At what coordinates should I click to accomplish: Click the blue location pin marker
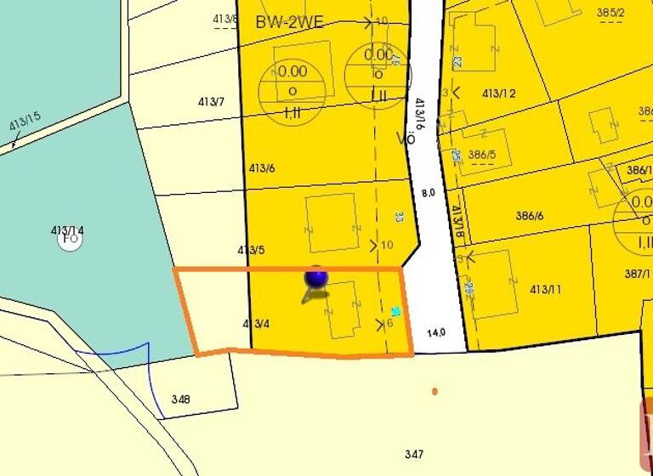[x=315, y=278]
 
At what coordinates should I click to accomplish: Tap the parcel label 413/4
[x=256, y=324]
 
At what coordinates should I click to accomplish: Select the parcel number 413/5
[x=251, y=250]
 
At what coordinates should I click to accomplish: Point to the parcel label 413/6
[x=262, y=168]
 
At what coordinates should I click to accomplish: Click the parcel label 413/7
[x=211, y=102]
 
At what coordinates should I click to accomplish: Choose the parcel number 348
[x=180, y=399]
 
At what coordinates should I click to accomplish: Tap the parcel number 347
[x=414, y=455]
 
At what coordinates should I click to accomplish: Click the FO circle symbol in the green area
[x=70, y=240]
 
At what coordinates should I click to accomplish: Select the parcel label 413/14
[x=67, y=229]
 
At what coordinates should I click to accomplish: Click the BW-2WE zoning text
[x=289, y=23]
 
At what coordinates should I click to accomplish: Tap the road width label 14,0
[x=437, y=333]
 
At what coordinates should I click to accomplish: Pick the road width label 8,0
[x=429, y=193]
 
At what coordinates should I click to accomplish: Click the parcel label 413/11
[x=545, y=290]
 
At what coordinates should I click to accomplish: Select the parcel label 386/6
[x=529, y=216]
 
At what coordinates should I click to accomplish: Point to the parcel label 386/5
[x=481, y=155]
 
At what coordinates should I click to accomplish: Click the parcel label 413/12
[x=499, y=93]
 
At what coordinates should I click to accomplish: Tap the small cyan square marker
[x=395, y=312]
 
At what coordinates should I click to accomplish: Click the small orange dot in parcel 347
[x=434, y=392]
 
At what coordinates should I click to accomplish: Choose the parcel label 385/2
[x=610, y=13]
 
